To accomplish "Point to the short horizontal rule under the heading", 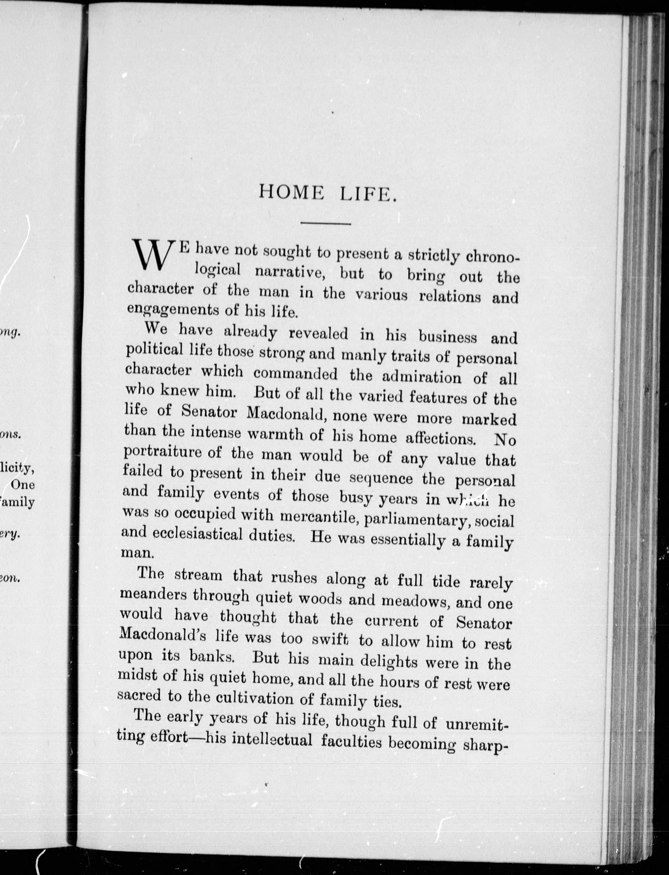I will [325, 224].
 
